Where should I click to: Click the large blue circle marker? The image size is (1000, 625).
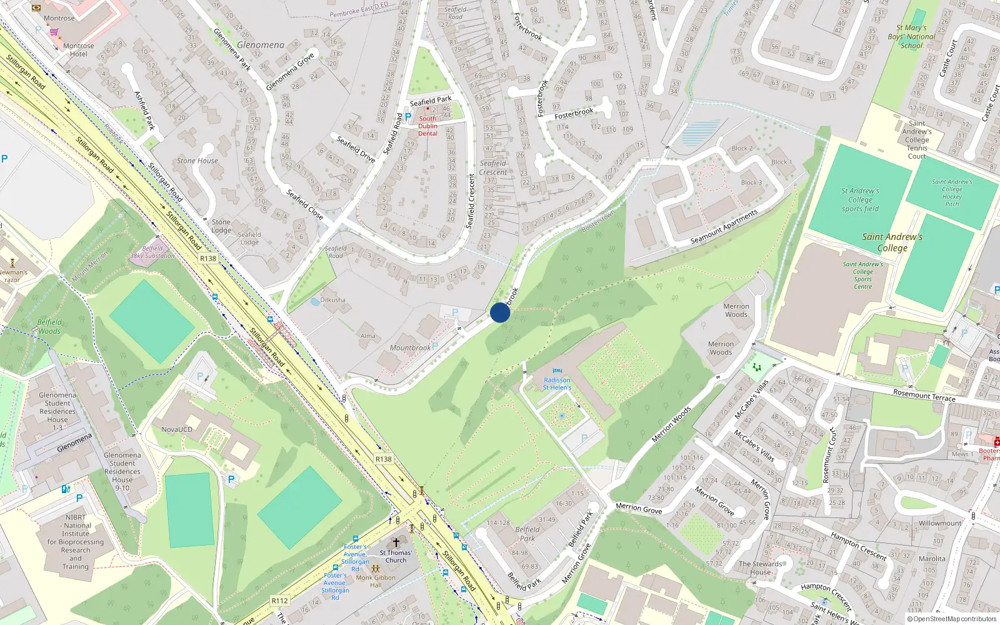500,312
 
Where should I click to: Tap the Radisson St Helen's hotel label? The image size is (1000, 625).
557,384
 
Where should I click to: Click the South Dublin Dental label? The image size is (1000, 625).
428,126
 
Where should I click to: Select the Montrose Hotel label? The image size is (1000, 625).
79,50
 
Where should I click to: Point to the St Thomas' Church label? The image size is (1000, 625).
396,556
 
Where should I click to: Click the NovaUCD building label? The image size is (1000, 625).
177,429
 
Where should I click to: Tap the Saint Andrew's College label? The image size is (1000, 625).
892,242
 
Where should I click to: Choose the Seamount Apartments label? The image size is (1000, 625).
724,227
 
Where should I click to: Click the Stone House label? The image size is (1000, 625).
197,161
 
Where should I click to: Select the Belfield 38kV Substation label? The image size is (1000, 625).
152,252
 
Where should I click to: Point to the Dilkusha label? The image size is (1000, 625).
332,300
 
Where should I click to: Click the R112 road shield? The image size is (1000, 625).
279,601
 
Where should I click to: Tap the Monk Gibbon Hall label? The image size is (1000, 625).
376,581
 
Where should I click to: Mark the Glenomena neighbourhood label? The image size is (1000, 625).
261,45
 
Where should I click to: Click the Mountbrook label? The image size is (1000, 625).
410,348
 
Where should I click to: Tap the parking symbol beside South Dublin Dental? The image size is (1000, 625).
408,116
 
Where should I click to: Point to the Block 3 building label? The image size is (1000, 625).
751,182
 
